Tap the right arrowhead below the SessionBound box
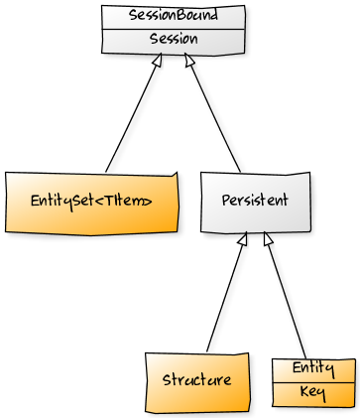click(188, 62)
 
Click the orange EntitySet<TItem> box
click(91, 202)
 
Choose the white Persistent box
click(255, 202)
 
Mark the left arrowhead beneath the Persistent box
click(243, 239)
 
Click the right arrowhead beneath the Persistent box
click(267, 239)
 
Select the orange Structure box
click(196, 381)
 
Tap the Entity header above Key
click(312, 369)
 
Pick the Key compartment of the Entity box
click(312, 393)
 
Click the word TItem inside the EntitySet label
click(129, 202)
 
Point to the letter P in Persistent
click(225, 201)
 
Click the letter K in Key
click(304, 393)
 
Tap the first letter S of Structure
click(167, 380)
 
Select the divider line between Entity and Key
click(312, 381)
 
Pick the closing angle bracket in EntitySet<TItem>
click(150, 202)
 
